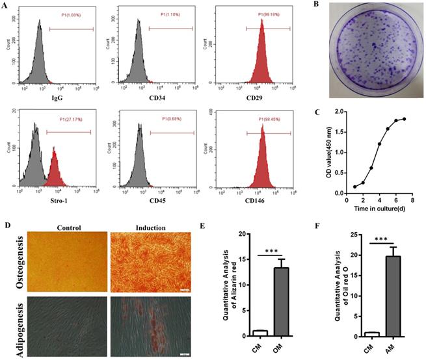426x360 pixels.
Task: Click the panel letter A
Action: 7,8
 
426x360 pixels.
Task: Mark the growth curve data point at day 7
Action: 405,119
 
